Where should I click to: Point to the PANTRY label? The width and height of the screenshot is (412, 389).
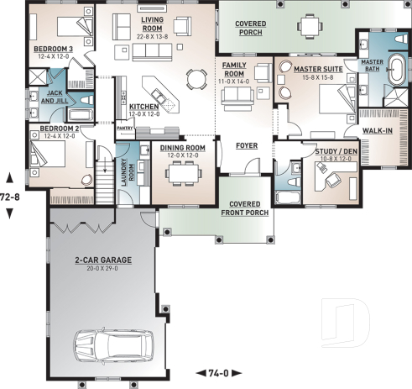[x=125, y=129]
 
